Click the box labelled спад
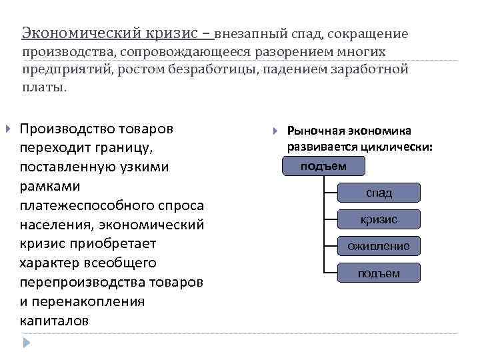coord(379,193)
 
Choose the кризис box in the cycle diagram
coord(379,219)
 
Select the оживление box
coord(379,246)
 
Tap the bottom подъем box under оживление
coord(379,273)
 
